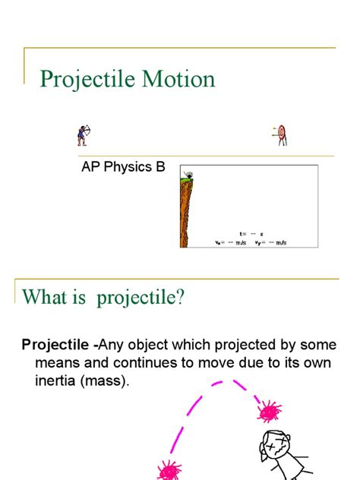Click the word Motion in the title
(x=179, y=79)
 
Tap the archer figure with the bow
(x=82, y=135)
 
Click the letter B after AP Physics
(x=160, y=167)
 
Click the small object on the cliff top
(x=188, y=174)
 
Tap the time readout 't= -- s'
(x=251, y=234)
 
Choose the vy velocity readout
(x=270, y=243)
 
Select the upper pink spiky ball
(x=269, y=412)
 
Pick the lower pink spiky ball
(x=169, y=471)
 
